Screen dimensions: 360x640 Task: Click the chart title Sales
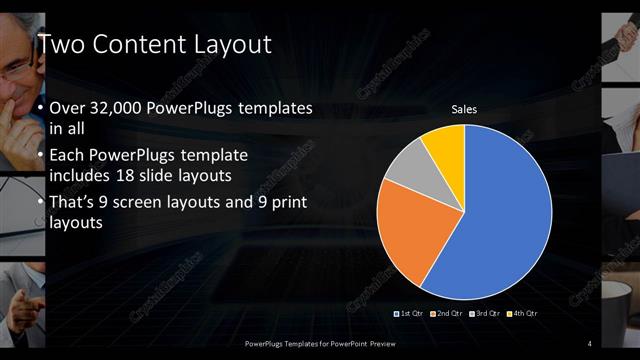pos(463,108)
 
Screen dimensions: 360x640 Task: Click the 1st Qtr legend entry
pos(410,314)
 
